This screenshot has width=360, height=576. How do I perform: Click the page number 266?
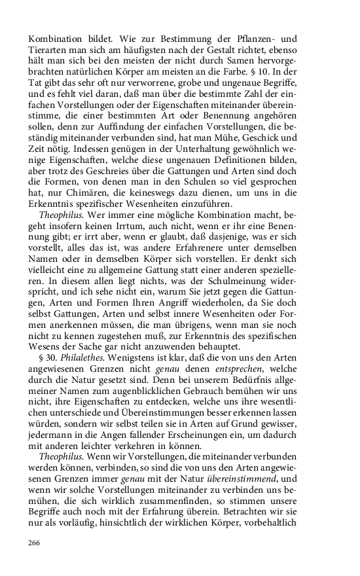35,543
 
